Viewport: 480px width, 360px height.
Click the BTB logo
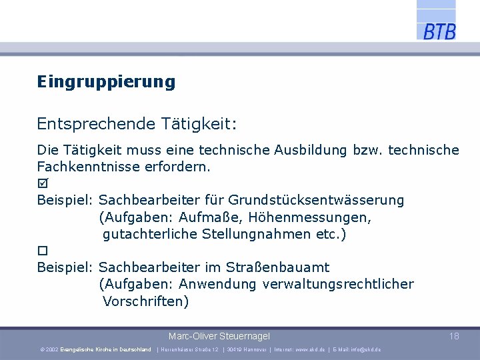coord(439,31)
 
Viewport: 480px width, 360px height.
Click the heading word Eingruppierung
coord(106,82)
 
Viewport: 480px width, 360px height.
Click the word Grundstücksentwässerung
coord(316,200)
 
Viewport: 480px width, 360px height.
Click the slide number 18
coord(454,336)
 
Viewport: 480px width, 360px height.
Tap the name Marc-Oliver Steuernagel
coord(219,336)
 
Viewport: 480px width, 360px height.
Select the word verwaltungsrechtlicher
coord(338,285)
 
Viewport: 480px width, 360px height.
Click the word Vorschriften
coord(145,301)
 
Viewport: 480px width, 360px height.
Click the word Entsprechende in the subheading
coord(96,124)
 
